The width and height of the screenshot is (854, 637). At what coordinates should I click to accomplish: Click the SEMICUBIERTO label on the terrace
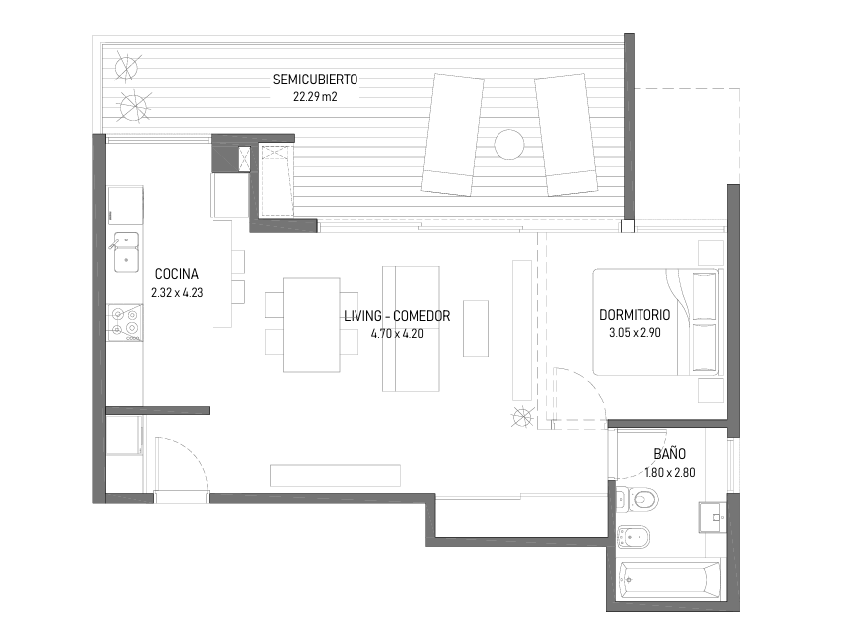pos(316,80)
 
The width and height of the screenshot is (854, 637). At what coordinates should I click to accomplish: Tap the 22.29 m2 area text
pos(315,97)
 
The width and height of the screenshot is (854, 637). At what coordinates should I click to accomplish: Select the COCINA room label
pos(177,274)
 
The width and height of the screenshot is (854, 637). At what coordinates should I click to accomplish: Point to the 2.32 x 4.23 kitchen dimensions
pos(177,292)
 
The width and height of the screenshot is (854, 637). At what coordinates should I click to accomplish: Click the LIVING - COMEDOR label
pos(397,316)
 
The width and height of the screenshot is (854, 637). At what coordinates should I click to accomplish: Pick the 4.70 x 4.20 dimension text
pos(397,334)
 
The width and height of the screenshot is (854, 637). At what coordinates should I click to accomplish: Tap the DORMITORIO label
pos(635,315)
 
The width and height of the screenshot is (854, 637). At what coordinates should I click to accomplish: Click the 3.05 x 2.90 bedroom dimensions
pos(635,332)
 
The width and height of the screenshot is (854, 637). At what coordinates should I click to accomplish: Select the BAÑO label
pos(669,453)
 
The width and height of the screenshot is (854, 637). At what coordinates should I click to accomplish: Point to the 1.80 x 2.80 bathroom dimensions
pos(670,472)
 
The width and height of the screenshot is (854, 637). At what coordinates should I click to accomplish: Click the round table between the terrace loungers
pos(509,145)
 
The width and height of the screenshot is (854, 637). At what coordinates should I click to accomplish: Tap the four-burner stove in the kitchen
pos(125,323)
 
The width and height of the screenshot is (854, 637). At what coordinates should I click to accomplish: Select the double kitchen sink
pos(126,251)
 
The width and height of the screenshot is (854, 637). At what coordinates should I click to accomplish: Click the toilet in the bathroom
pos(638,499)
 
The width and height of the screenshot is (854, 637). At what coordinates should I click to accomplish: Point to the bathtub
pos(670,580)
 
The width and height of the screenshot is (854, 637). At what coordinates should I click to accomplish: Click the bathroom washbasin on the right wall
pos(712,516)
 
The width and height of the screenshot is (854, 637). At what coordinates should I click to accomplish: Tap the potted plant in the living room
pos(522,417)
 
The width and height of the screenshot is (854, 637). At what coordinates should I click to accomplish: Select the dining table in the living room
pos(312,325)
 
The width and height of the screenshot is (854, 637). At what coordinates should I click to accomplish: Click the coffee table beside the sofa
pos(476,328)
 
